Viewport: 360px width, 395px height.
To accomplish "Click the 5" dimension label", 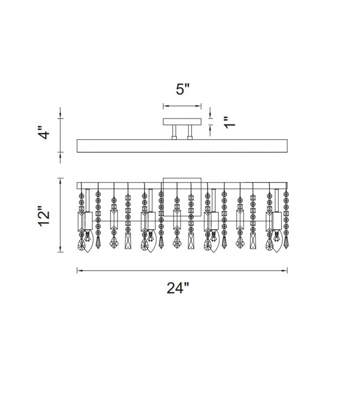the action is tap(182, 89).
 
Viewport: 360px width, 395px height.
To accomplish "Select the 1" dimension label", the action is tap(230, 122).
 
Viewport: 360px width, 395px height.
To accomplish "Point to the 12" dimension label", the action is tap(44, 216).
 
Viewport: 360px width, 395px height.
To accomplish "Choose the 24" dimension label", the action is tap(178, 288).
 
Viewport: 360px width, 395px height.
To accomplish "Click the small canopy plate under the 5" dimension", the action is tap(182, 121).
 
